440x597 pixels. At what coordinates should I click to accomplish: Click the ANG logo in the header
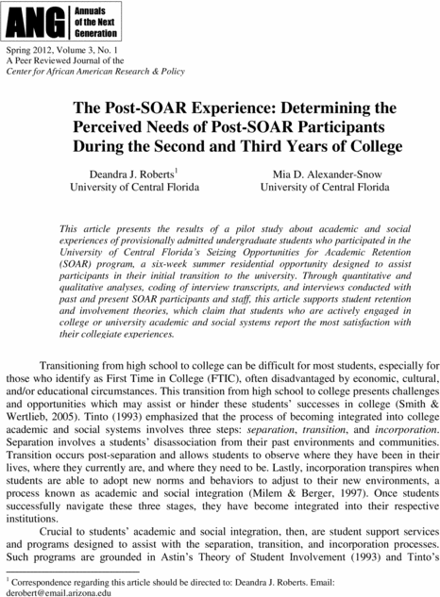pos(23,16)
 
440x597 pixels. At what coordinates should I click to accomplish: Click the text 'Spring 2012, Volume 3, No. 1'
pos(64,46)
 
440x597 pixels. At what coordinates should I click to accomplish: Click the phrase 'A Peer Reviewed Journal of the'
pos(64,58)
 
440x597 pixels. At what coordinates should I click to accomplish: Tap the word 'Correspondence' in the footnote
pos(46,581)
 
